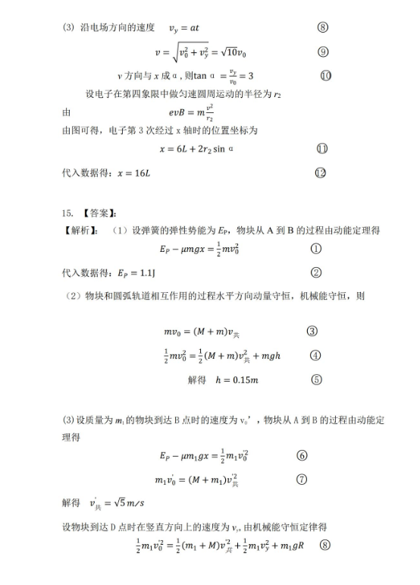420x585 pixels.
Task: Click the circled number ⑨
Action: (x=323, y=52)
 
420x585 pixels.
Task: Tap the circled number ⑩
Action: (x=326, y=75)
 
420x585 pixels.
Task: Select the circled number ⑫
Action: (x=320, y=173)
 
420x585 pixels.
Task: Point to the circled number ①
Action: (x=316, y=249)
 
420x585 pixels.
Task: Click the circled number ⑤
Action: (x=316, y=380)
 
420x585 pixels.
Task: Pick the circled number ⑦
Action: (x=302, y=456)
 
